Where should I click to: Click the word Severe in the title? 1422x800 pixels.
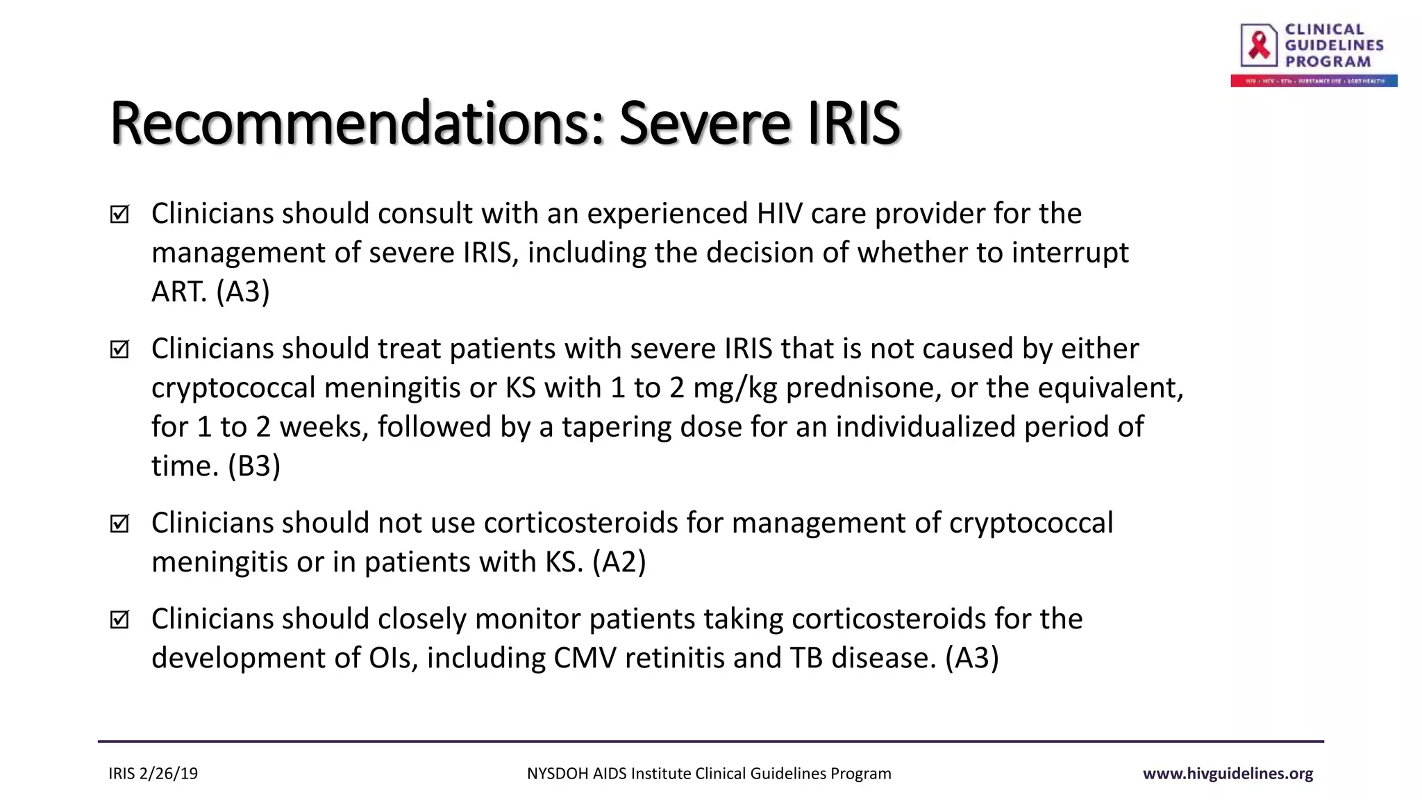coord(704,124)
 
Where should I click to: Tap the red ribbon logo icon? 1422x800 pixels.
coord(1259,45)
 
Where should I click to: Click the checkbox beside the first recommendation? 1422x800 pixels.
coord(119,215)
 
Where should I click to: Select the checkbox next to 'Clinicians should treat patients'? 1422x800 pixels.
coord(119,349)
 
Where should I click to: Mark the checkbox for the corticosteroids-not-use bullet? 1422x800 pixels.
coord(119,524)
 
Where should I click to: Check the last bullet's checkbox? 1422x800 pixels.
coord(119,619)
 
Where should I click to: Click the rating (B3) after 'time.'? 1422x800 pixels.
coord(254,466)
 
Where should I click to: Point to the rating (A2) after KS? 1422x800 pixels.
coord(619,562)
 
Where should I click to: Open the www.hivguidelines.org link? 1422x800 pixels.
coord(1228,774)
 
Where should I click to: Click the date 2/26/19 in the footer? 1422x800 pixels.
coord(169,774)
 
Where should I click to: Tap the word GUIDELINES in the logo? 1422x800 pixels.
coord(1334,45)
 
